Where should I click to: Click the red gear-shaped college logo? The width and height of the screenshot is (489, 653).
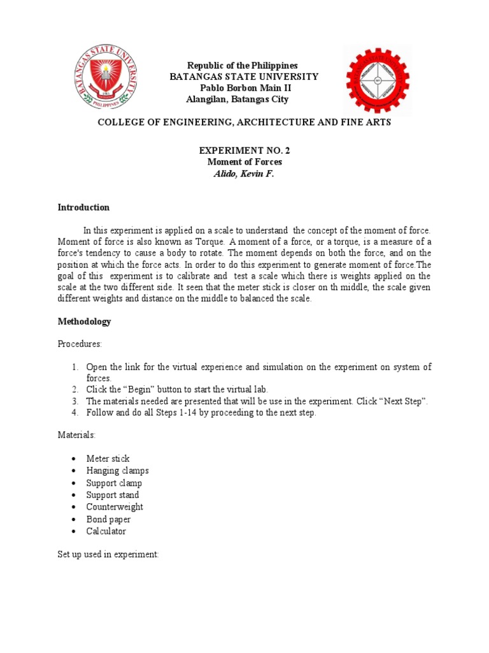pyautogui.click(x=378, y=80)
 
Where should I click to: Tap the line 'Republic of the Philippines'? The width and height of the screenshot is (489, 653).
pyautogui.click(x=242, y=66)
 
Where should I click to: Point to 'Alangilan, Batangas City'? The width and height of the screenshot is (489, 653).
pyautogui.click(x=237, y=99)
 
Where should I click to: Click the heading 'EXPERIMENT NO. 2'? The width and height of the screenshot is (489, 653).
pyautogui.click(x=239, y=150)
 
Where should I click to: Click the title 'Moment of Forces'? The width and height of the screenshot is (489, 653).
pyautogui.click(x=239, y=162)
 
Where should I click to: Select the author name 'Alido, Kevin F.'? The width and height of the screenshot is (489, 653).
pyautogui.click(x=243, y=173)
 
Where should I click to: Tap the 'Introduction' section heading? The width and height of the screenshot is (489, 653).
pyautogui.click(x=83, y=207)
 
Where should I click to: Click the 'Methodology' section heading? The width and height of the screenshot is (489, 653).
pyautogui.click(x=84, y=321)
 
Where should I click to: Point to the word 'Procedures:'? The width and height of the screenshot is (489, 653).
pyautogui.click(x=80, y=344)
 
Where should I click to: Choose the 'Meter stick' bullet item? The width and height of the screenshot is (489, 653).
pyautogui.click(x=108, y=459)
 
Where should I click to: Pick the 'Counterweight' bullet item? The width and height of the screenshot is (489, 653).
pyautogui.click(x=115, y=507)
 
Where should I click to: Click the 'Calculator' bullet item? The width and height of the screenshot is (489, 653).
pyautogui.click(x=106, y=531)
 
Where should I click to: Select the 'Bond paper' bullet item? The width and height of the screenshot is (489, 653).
pyautogui.click(x=108, y=519)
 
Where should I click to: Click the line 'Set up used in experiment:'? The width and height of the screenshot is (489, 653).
pyautogui.click(x=108, y=554)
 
